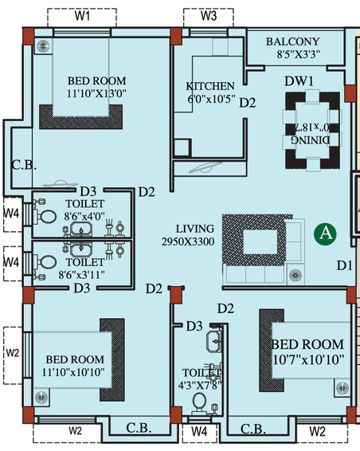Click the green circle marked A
(325, 233)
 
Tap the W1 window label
(82, 16)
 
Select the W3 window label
(209, 16)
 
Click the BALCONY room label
(292, 41)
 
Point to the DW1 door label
(299, 81)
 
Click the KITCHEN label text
(210, 86)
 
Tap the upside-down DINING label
(311, 140)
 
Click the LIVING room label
(195, 229)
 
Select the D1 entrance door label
(345, 265)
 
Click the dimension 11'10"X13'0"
(96, 93)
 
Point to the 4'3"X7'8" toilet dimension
(199, 386)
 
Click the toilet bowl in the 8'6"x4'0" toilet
(47, 216)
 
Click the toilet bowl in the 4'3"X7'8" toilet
(199, 402)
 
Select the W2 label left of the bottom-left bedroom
(13, 353)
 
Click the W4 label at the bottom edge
(199, 431)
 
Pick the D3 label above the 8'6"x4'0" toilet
(88, 191)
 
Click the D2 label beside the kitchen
(248, 103)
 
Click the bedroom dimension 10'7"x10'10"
(308, 360)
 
